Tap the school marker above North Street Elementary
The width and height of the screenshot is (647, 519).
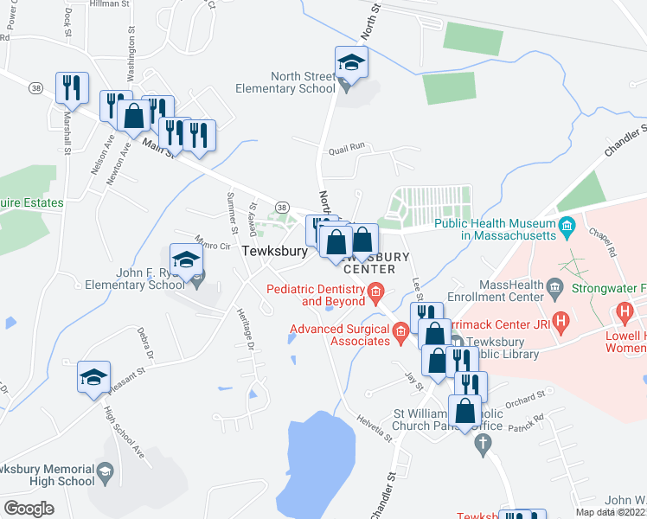[x=352, y=62]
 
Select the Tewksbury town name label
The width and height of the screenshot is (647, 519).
[x=274, y=251]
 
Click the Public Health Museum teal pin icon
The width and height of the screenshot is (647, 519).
[x=567, y=228]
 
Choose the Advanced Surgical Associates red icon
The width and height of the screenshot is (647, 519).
[x=400, y=330]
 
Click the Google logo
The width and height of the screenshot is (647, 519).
[x=29, y=508]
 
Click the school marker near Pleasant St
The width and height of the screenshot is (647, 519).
[x=94, y=377]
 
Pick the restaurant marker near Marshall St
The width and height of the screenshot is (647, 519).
[x=71, y=87]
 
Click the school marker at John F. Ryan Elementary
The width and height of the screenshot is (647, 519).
[x=187, y=260]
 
